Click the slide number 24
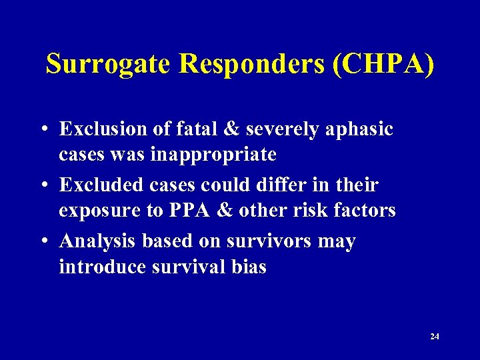(435, 337)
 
